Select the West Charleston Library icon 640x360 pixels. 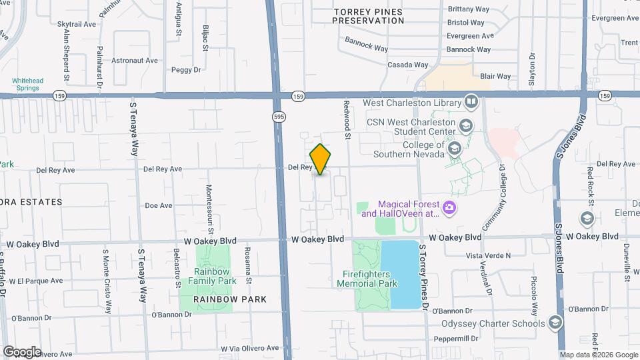point(471,103)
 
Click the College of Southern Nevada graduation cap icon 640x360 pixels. point(455,147)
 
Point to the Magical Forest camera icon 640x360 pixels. point(449,209)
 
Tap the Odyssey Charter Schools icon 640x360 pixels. point(555,323)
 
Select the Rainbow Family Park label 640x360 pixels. point(206,277)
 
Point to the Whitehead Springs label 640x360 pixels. point(27,85)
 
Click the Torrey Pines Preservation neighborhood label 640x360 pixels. point(368,16)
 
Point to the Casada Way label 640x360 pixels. point(408,65)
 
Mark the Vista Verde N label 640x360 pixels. point(488,255)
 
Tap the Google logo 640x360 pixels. point(21,351)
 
